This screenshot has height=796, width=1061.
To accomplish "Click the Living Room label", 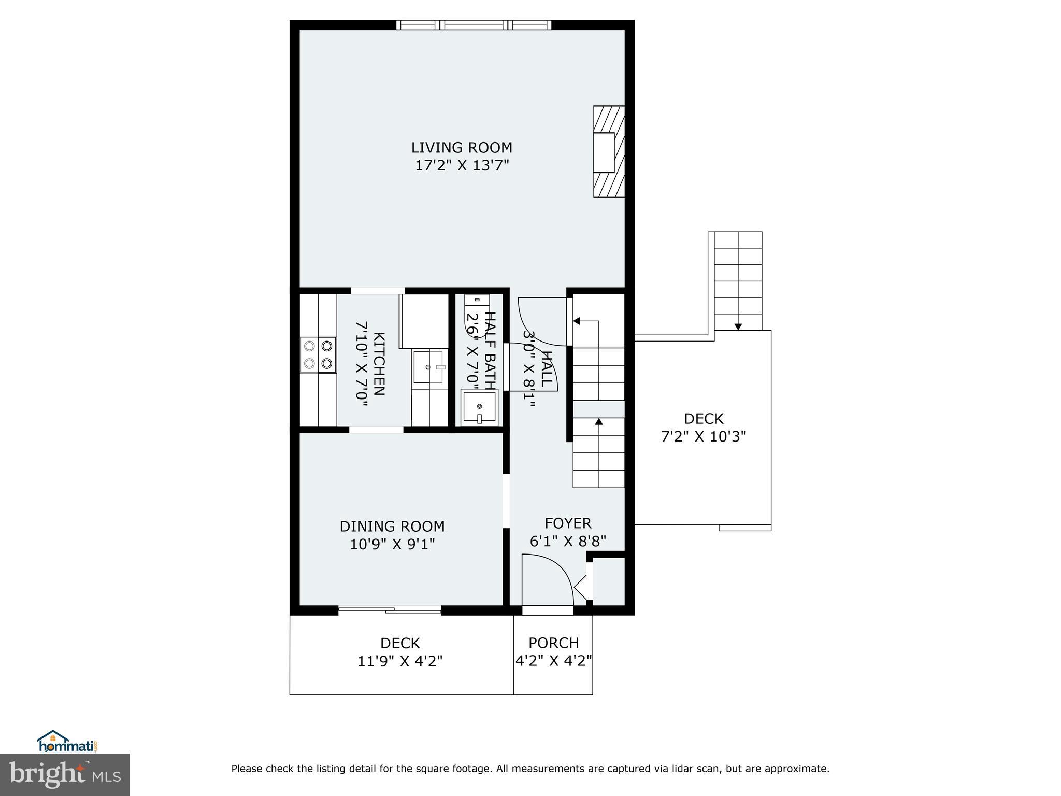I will click(x=462, y=148).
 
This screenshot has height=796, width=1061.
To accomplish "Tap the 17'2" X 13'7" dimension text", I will click(x=462, y=166).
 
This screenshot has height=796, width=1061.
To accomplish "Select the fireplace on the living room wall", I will click(x=608, y=152).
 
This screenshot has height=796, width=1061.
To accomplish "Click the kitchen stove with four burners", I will click(x=318, y=354).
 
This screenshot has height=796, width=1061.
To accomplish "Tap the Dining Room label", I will click(x=392, y=527).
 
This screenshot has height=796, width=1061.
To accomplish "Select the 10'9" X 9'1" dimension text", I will click(x=392, y=544).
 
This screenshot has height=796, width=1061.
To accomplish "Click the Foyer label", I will click(x=568, y=523).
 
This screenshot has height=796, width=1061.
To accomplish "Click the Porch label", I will click(x=553, y=643).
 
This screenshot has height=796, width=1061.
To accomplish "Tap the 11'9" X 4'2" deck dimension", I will click(x=400, y=661).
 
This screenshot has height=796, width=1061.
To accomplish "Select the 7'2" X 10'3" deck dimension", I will click(x=703, y=436).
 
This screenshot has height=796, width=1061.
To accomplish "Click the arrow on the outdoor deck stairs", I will click(x=738, y=326).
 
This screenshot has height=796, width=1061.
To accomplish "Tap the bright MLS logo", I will click(x=65, y=774).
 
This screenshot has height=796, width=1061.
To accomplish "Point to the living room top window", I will click(x=474, y=24).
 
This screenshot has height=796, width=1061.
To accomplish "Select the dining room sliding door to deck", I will click(x=390, y=610).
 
